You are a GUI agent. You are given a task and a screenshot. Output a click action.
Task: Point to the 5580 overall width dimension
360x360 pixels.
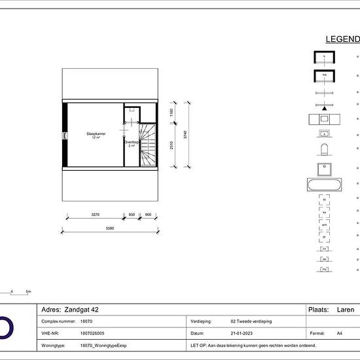110,228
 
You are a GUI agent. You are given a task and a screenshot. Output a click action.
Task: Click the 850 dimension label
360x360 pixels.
132,215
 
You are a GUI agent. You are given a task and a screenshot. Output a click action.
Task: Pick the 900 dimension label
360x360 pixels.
148,215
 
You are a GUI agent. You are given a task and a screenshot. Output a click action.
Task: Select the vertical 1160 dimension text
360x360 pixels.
171,113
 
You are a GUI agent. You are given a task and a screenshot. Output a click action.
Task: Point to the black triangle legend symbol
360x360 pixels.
324,107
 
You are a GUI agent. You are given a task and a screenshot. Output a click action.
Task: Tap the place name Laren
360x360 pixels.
345,310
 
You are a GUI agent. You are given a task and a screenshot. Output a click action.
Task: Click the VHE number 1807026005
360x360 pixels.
94,333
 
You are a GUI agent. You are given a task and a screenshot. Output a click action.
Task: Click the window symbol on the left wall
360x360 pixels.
64,135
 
